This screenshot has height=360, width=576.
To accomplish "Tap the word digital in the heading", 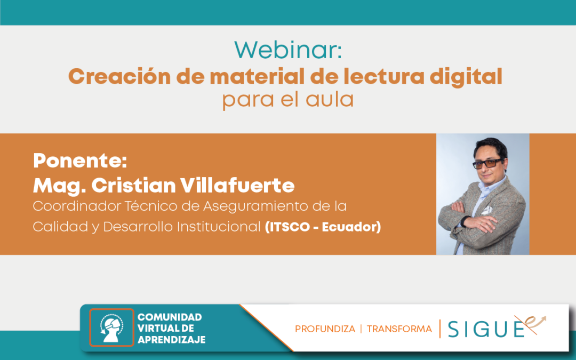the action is point(466,77).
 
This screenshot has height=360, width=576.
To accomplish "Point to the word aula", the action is point(330,99).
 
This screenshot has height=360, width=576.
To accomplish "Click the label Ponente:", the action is point(80,161).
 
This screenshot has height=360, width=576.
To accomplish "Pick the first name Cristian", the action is point(133,185).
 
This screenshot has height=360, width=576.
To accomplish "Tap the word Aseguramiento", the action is point(255,206).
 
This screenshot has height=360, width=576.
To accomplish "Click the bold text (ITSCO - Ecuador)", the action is point(323,227).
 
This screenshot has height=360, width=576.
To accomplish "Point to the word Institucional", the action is point(219,227).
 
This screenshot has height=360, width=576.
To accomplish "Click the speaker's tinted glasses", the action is point(488,164).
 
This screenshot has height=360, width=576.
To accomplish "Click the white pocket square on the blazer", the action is point(487,210).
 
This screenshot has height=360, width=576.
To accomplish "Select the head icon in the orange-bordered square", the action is point(111,327).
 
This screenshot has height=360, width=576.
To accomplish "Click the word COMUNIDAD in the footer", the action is point(170,317).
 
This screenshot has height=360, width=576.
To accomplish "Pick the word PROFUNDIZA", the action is point(325,329).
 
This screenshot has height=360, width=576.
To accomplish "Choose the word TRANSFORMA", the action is point(399,329).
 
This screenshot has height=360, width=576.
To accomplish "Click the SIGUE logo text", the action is point(486,329).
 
